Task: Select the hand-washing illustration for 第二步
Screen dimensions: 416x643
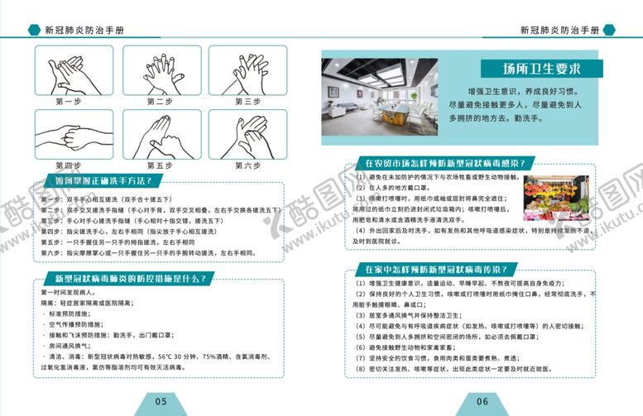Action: [157, 70]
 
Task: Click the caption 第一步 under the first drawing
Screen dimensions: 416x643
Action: [69, 102]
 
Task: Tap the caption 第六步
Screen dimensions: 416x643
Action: [247, 166]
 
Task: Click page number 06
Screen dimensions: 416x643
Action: [482, 401]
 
